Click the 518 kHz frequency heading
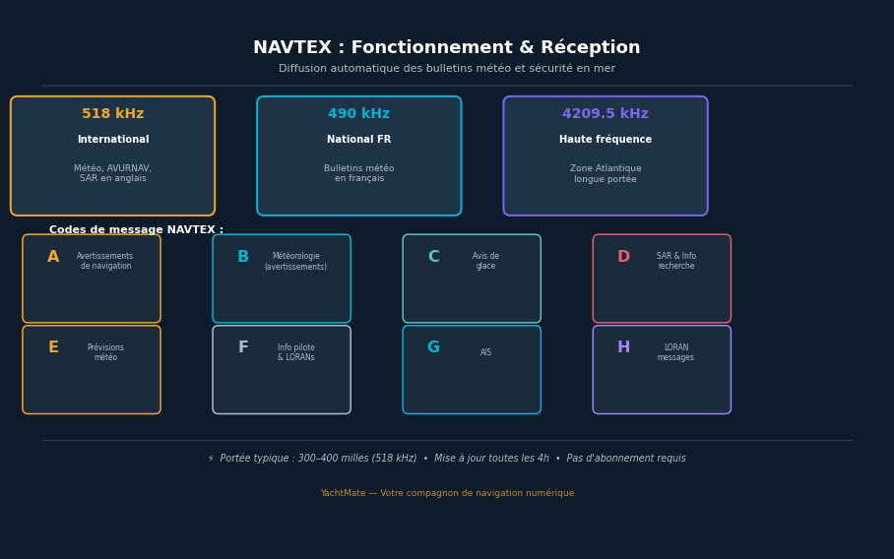112,114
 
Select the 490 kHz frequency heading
358,114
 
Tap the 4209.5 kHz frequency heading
605,114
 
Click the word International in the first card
112,140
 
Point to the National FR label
358,140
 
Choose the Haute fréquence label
605,140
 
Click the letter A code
53,257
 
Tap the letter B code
243,257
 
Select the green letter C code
433,257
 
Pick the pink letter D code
623,257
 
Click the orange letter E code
53,347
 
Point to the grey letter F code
243,347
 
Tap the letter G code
433,347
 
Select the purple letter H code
623,347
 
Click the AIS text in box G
485,352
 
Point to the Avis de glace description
485,261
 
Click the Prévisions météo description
105,352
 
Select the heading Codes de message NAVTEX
136,230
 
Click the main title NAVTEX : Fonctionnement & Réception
446,48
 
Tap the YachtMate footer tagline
446,493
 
